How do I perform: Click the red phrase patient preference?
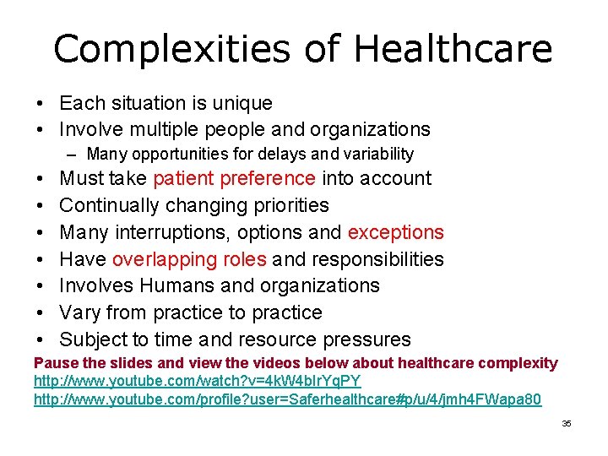[234, 179]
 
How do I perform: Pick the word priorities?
[286, 205]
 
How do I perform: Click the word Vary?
[80, 312]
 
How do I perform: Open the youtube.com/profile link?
[287, 399]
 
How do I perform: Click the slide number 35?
[567, 423]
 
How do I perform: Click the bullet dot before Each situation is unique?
[40, 104]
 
